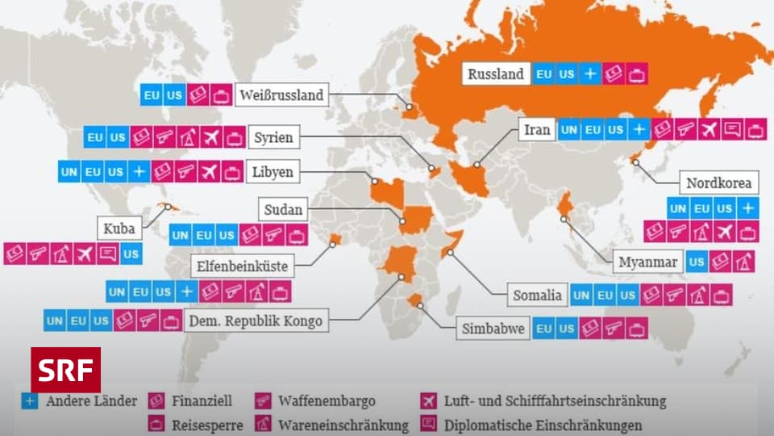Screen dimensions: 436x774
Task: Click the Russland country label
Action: tap(496, 74)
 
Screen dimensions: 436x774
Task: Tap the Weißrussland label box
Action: tap(281, 95)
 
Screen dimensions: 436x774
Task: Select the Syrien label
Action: tap(274, 137)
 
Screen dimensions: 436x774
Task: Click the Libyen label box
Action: tap(273, 172)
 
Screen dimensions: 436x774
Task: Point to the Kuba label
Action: tap(119, 228)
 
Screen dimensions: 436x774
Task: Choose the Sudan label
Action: tap(283, 211)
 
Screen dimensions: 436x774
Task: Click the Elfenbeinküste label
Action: tap(242, 264)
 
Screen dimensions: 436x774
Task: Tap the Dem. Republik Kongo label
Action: tap(255, 321)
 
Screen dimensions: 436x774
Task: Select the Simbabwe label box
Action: tap(493, 329)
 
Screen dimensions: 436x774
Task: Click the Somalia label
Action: tap(537, 296)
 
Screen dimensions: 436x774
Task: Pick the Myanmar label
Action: tap(647, 262)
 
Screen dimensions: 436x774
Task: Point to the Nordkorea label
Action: tap(718, 183)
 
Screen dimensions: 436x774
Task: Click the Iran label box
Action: tap(537, 129)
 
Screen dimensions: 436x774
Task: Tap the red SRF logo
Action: tap(66, 371)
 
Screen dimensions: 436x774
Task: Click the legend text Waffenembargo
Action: tap(327, 400)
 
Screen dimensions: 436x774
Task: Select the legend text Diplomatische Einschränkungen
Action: tap(543, 425)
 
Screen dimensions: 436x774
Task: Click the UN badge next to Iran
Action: tap(569, 129)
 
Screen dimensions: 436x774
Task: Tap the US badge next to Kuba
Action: tap(131, 254)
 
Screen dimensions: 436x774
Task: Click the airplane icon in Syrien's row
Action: tap(211, 137)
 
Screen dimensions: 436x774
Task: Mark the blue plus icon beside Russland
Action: tap(590, 74)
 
